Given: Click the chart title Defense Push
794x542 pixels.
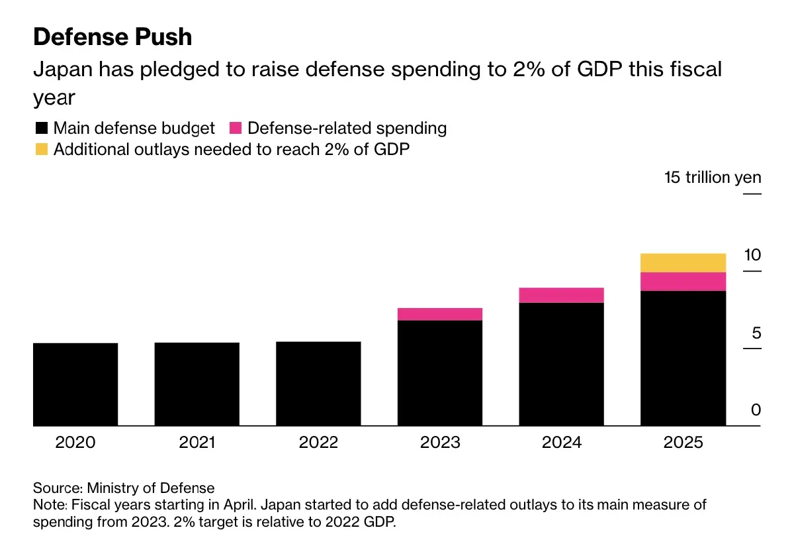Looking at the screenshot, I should (112, 37).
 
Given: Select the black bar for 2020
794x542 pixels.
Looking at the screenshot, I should (75, 384).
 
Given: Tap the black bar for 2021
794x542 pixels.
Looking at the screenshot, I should (197, 384).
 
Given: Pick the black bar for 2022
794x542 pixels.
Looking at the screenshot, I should (318, 384).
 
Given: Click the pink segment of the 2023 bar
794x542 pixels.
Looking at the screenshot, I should (440, 314).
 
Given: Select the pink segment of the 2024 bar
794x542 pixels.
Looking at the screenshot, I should (562, 295).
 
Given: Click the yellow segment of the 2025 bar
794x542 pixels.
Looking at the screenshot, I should (684, 262).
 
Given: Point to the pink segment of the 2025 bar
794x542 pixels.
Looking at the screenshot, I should (684, 282).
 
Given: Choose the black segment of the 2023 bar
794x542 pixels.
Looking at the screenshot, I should (440, 373).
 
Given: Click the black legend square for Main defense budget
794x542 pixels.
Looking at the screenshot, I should (41, 128).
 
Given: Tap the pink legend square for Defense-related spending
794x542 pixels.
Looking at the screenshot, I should (235, 128).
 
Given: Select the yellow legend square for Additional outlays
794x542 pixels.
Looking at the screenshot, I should (41, 149).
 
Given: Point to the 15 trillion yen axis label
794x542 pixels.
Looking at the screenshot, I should (713, 178).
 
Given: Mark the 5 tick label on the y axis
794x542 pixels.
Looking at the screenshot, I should (756, 333).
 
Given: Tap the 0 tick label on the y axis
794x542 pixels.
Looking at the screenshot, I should (756, 410).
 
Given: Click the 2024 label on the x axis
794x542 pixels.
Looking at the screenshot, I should (562, 442).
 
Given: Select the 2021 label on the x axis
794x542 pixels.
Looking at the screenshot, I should (197, 442).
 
